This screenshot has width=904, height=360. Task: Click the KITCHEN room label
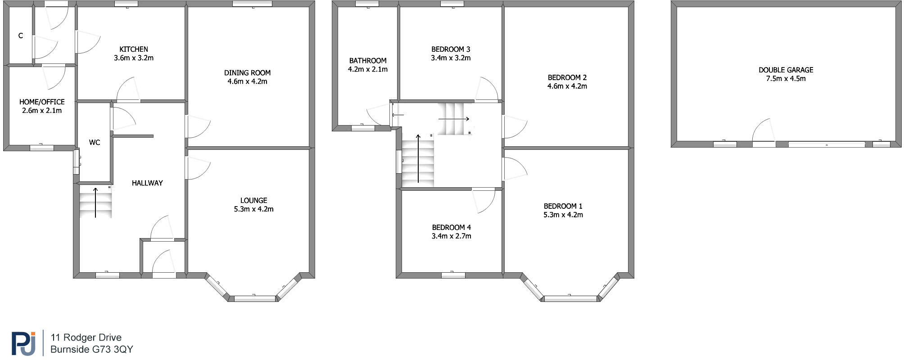134,49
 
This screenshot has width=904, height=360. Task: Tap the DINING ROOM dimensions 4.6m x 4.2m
247,81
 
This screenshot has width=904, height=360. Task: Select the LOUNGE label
253,200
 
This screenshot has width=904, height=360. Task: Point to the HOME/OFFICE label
42,102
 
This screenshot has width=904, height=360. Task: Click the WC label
95,143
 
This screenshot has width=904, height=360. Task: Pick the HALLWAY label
147,183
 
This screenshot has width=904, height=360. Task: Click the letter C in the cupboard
21,36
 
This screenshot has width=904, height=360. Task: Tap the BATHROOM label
368,60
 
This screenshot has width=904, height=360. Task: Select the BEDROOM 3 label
451,49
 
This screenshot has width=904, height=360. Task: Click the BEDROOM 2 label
567,77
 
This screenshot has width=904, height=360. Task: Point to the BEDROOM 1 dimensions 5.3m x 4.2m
563,215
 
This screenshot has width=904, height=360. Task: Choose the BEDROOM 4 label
451,227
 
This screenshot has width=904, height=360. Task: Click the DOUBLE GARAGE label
786,70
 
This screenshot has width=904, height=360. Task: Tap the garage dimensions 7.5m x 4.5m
786,78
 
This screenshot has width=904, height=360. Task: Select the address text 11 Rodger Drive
86,337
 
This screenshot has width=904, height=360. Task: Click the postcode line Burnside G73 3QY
91,349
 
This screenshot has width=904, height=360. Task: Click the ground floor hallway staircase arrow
95,202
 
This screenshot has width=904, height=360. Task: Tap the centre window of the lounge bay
255,298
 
